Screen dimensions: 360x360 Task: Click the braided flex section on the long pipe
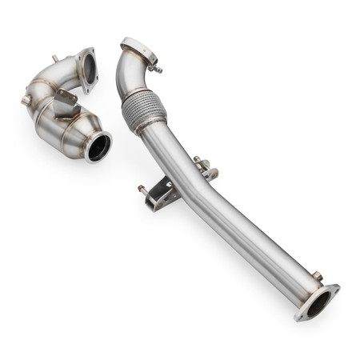click(x=144, y=110)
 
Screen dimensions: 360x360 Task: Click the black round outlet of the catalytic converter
click(x=98, y=148)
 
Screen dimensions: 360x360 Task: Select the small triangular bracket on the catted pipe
click(x=66, y=95)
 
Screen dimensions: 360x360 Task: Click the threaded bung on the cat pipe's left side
click(x=26, y=100)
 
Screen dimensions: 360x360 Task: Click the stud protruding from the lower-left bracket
click(x=143, y=190)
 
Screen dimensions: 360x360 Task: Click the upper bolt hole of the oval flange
click(x=334, y=288)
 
